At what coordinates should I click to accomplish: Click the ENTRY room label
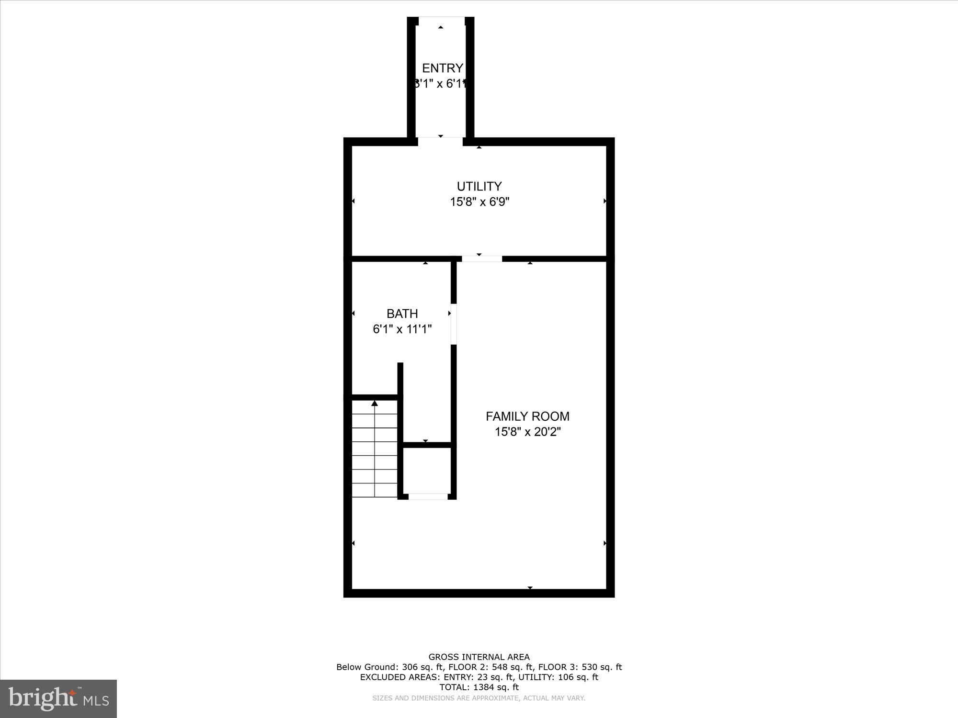coord(442,68)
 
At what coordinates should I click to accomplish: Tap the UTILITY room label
coord(479,186)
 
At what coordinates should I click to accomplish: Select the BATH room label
coord(402,314)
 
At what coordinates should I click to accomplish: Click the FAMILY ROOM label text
coord(527,416)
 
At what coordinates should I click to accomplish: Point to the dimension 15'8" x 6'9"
coord(479,202)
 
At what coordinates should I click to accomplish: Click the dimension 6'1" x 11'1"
coord(402,329)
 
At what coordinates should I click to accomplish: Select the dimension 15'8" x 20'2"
coord(527,432)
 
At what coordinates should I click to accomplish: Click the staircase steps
coord(375,455)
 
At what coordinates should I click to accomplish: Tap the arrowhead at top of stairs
coord(375,404)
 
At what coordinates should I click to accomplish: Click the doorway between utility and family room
coord(482,259)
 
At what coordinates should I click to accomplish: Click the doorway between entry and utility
coord(440,141)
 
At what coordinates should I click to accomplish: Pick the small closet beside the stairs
coord(427,471)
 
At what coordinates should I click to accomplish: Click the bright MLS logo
coord(58,699)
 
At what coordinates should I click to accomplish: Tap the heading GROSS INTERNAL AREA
coord(479,657)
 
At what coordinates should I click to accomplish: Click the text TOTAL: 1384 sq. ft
coord(479,687)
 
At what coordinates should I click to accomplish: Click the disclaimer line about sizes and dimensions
coord(479,698)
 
